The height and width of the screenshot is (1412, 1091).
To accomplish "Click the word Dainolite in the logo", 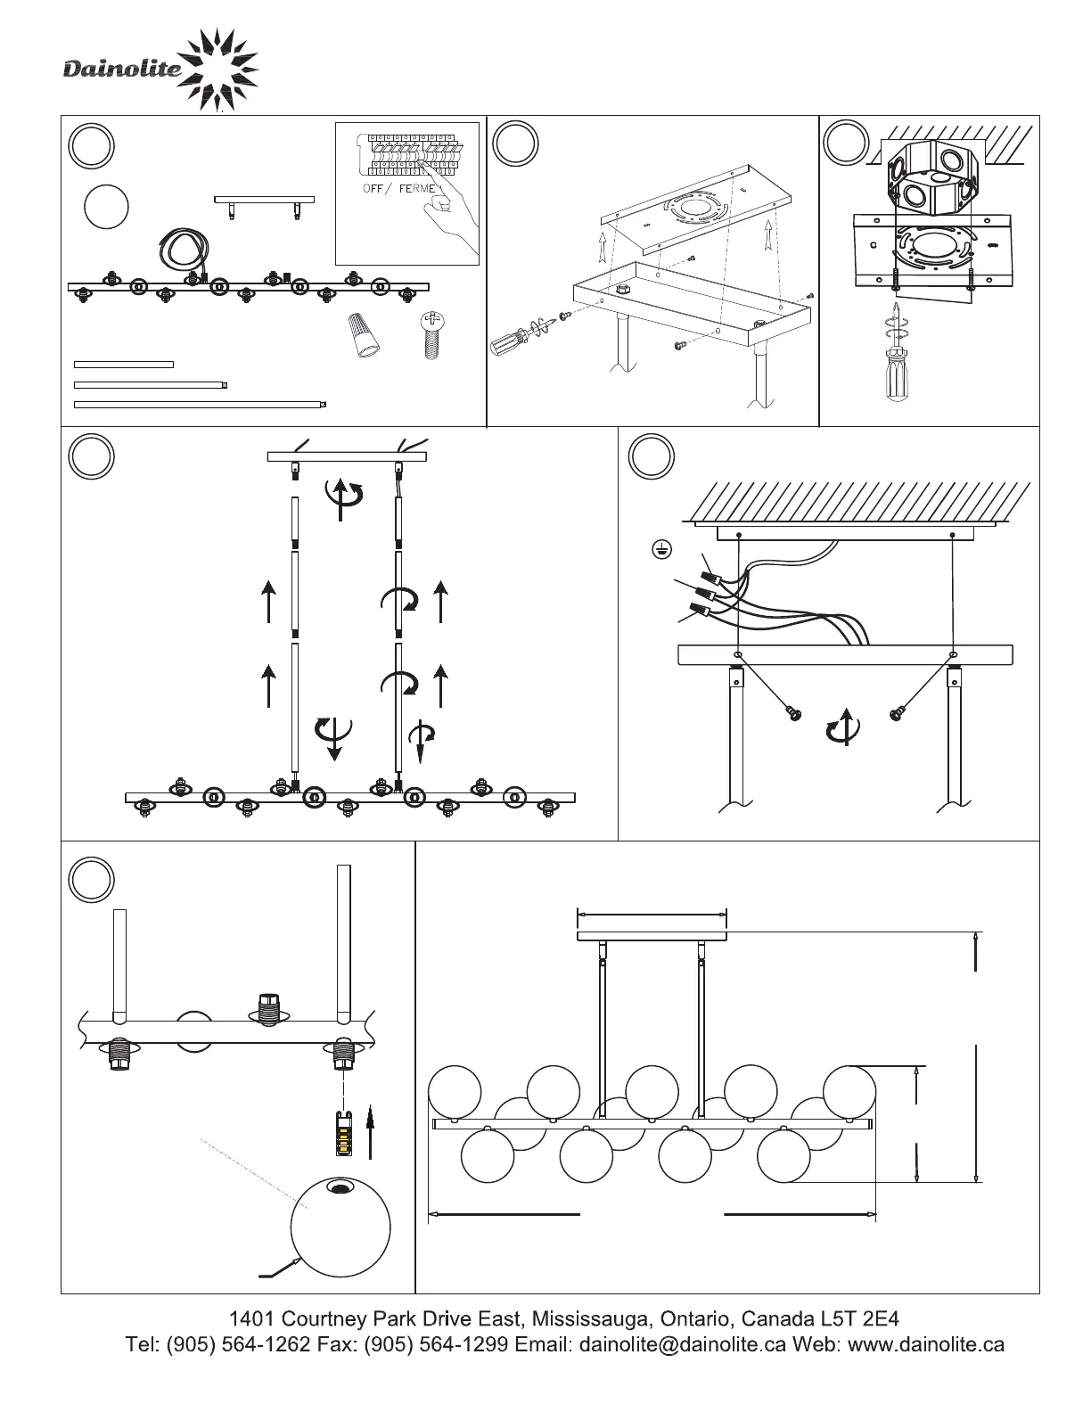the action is pos(122,69).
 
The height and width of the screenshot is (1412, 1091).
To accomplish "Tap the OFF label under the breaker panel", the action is pos(373,188).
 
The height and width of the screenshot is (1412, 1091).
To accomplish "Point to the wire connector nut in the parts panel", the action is pos(364,334).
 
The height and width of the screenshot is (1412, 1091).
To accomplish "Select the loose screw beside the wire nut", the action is pos(432,334).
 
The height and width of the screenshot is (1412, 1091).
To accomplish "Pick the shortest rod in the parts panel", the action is pos(124,365).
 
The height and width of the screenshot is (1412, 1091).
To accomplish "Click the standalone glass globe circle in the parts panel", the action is pos(107,207).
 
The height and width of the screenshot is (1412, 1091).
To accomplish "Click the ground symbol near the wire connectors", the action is pos(661,550).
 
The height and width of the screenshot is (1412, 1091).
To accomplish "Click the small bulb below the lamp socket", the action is pos(343,1133).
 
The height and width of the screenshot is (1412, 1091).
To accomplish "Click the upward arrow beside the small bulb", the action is pos(371,1135).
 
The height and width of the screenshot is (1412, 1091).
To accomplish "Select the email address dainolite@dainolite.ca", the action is pos(682,1344).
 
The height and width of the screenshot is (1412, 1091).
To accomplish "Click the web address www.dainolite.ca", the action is pos(926,1344).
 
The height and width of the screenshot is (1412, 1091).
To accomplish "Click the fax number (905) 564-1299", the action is pos(436,1344).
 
